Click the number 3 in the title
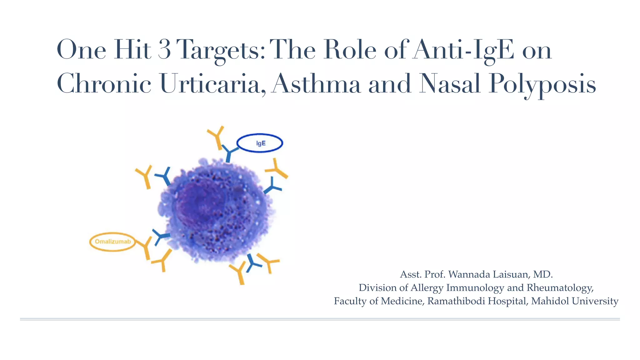click(164, 50)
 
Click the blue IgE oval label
click(260, 143)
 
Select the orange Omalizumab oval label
click(112, 242)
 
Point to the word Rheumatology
click(559, 288)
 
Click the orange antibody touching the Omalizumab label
click(145, 247)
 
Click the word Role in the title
click(350, 50)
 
